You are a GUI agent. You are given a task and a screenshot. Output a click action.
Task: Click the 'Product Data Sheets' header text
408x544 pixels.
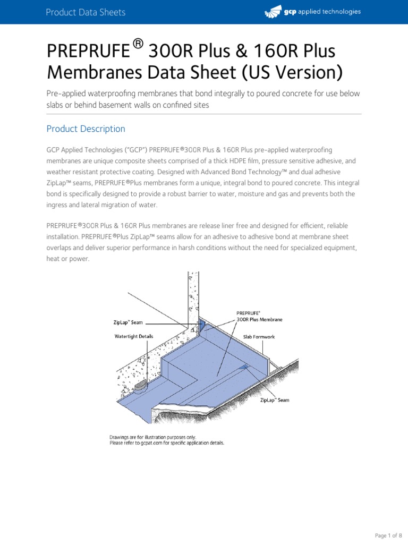pos(86,12)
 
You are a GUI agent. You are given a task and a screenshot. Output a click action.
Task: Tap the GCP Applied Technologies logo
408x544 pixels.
pos(312,12)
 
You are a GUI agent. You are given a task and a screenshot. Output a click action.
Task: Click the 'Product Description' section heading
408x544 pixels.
pos(86,129)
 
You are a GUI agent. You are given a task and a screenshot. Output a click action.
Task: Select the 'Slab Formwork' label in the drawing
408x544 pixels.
pos(259,337)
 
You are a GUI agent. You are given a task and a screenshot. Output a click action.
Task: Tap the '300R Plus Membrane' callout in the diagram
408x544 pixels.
pos(260,320)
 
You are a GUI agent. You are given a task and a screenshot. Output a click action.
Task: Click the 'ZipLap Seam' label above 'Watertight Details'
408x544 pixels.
pos(129,322)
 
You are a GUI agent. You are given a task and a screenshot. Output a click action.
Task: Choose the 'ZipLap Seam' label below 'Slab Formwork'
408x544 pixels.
pos(275,400)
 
